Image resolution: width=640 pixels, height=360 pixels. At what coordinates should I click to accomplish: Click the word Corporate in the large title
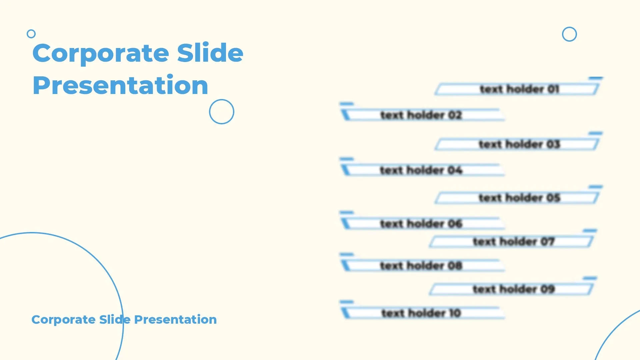pos(101,53)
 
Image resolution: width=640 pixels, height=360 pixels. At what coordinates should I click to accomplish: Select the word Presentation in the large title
pos(120,85)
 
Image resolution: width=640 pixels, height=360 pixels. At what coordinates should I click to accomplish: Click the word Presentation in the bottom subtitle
pos(175,319)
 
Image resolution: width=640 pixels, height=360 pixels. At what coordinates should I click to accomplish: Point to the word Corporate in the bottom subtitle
pos(64,320)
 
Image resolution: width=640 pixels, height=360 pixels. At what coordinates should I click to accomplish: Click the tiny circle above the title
pos(31,34)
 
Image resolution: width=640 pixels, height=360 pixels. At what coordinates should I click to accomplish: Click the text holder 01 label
pos(519,89)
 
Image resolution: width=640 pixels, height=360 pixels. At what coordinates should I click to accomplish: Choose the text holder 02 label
pos(421,115)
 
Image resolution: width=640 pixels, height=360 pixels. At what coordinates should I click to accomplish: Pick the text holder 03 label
pos(519,144)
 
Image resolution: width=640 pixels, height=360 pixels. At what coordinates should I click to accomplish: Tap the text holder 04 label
pos(421,170)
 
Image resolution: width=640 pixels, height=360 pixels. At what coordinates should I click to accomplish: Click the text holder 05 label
pos(519,197)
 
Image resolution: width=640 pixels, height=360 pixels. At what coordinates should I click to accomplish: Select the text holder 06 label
pos(421,223)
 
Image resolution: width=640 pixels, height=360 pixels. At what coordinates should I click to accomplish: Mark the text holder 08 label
pos(421,265)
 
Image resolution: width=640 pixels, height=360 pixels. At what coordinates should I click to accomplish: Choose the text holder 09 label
pos(513,289)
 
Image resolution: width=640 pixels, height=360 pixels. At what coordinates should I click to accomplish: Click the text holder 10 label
pos(421,313)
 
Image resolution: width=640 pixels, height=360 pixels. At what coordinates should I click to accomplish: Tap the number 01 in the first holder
pos(553,89)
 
